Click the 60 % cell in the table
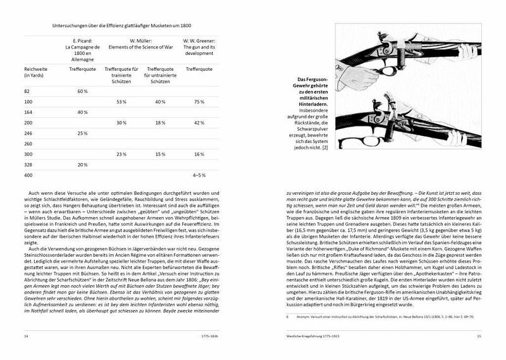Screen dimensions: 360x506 coord(82,92)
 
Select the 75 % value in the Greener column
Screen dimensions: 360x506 coord(199,102)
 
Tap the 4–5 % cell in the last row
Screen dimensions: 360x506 coord(199,175)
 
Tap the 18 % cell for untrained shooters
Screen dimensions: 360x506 coord(161,123)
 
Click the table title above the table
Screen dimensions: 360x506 coord(121,25)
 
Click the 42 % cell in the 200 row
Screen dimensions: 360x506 coord(199,123)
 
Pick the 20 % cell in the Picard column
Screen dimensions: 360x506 coord(82,164)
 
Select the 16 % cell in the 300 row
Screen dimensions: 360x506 coord(199,154)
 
